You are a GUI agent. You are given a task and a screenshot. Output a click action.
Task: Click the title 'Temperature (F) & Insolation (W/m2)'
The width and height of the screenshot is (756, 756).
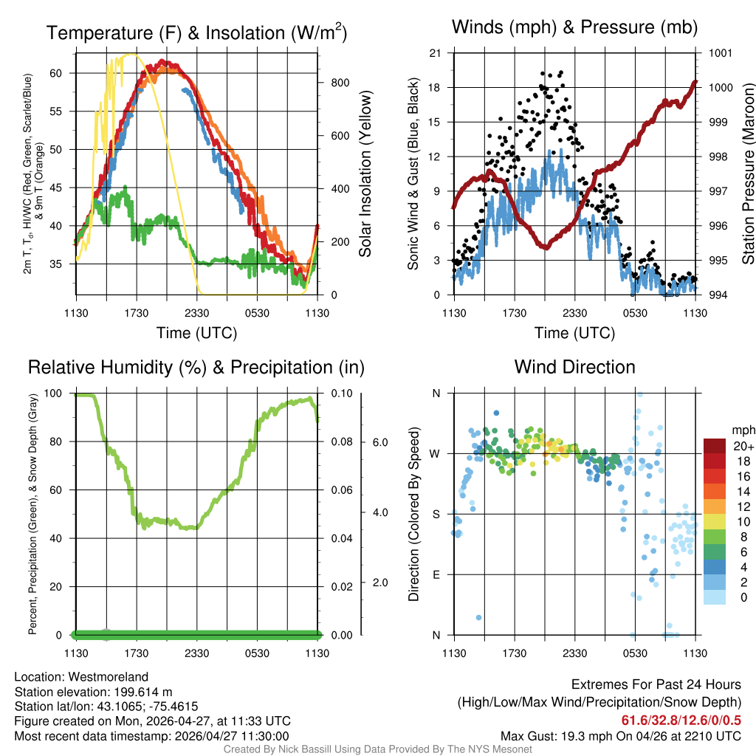[196, 32]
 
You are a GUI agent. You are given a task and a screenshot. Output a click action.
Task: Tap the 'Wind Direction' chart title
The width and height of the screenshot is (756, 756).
[574, 367]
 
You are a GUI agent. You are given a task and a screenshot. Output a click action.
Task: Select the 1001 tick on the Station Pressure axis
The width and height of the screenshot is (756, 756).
[720, 53]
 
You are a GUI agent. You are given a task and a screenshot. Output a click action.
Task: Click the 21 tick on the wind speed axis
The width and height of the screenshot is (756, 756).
[435, 53]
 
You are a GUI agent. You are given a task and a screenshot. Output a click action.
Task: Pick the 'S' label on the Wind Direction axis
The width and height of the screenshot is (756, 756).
[436, 514]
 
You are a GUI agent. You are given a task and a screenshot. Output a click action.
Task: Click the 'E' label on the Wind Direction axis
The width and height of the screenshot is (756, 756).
[436, 574]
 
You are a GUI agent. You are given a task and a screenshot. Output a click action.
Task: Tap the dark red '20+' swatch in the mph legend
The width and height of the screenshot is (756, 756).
[715, 446]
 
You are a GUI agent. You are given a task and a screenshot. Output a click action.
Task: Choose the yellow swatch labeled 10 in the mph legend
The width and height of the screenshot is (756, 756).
[715, 521]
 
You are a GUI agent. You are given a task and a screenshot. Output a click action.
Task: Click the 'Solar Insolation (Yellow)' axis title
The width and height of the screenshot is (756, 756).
[365, 174]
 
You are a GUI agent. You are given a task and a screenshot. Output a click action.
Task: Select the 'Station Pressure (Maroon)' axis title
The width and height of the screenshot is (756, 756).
[747, 174]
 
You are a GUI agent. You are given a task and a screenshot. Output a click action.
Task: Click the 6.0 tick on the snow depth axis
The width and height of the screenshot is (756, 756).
[379, 441]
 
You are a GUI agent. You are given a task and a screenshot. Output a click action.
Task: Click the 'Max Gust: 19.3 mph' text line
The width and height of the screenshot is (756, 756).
[620, 735]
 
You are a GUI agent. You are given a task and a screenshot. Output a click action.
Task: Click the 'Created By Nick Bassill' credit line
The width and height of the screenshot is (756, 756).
[377, 749]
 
